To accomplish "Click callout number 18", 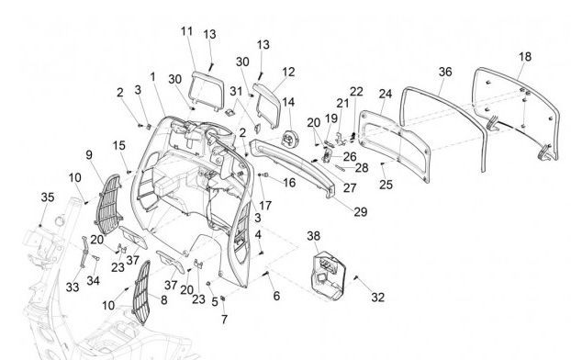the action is pos(525,57).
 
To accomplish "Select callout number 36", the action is pos(445,72).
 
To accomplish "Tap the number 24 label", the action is pos(386,94).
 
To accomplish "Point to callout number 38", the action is pos(314,236).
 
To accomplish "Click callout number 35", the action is pos(48,197).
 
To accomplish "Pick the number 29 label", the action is pos(361,212).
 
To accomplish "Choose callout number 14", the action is pos(288,102).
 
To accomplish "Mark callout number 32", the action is pos(378,298).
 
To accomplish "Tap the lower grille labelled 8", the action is pos(142,292).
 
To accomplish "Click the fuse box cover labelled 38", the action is pos(327,276).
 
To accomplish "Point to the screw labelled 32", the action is pos(356,278).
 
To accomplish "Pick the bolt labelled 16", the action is pos(263,174).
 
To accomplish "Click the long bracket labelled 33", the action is pos(84,252).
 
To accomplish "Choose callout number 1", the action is pos(153,77).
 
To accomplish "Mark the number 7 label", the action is pos(224,320).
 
